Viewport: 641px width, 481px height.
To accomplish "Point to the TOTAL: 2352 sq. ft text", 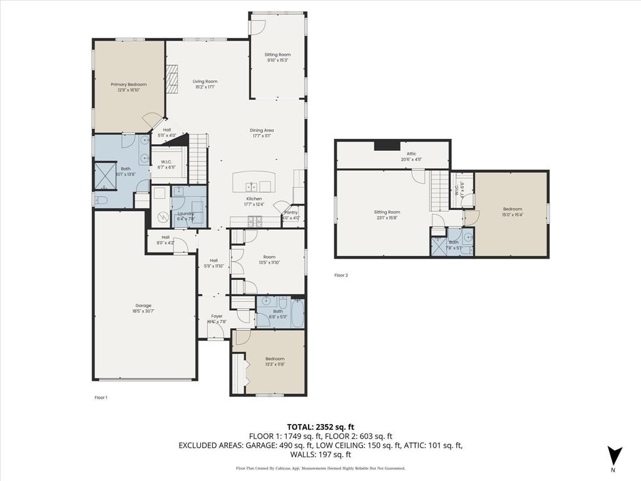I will click(x=320, y=427).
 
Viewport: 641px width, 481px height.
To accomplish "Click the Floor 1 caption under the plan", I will click(x=101, y=397).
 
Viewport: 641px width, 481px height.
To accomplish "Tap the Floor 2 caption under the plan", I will click(x=341, y=275).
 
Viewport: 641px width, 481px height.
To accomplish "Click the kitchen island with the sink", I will click(x=254, y=183).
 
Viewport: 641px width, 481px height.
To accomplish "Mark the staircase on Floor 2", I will click(x=439, y=192).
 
